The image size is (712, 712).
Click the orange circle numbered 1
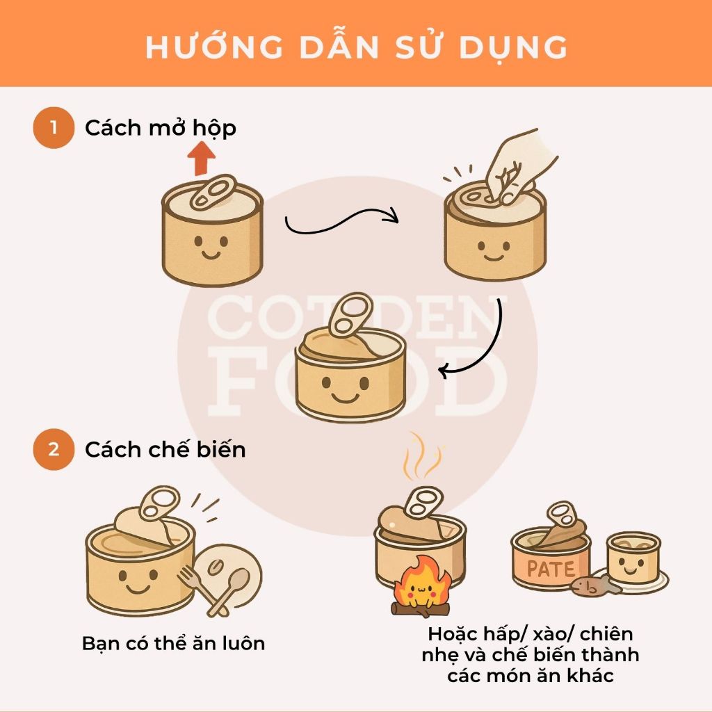(x=54, y=128)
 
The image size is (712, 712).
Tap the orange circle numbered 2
(x=54, y=450)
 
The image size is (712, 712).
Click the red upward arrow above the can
(x=202, y=159)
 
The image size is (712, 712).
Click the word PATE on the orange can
(x=551, y=569)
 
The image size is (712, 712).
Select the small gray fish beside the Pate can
(x=596, y=587)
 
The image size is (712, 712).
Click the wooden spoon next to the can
(x=232, y=588)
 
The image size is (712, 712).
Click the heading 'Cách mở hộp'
(x=161, y=128)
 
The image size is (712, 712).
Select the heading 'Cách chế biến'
(x=165, y=450)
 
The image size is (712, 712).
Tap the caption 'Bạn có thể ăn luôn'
(x=173, y=643)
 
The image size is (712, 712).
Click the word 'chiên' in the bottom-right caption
(x=606, y=633)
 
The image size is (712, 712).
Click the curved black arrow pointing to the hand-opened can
(x=341, y=220)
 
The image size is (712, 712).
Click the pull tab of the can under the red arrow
(x=213, y=192)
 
